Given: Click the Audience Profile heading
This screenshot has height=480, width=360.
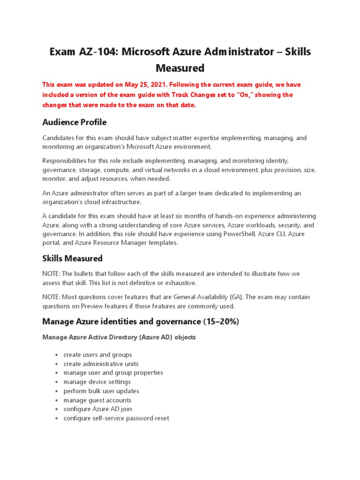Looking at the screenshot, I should pyautogui.click(x=74, y=122).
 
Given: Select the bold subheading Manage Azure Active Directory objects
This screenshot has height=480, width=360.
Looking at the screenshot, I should pyautogui.click(x=119, y=337).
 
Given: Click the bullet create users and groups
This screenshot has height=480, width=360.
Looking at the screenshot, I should pyautogui.click(x=97, y=355).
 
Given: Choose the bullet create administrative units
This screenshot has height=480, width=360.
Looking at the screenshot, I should pyautogui.click(x=101, y=364).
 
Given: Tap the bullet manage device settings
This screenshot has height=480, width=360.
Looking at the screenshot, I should pyautogui.click(x=97, y=382).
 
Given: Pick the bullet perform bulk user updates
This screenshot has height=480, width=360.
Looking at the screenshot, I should pyautogui.click(x=101, y=391).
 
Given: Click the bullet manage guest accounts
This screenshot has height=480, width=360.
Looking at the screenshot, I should pyautogui.click(x=97, y=400).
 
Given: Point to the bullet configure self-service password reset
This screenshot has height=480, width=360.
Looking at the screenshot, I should pyautogui.click(x=116, y=418).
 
